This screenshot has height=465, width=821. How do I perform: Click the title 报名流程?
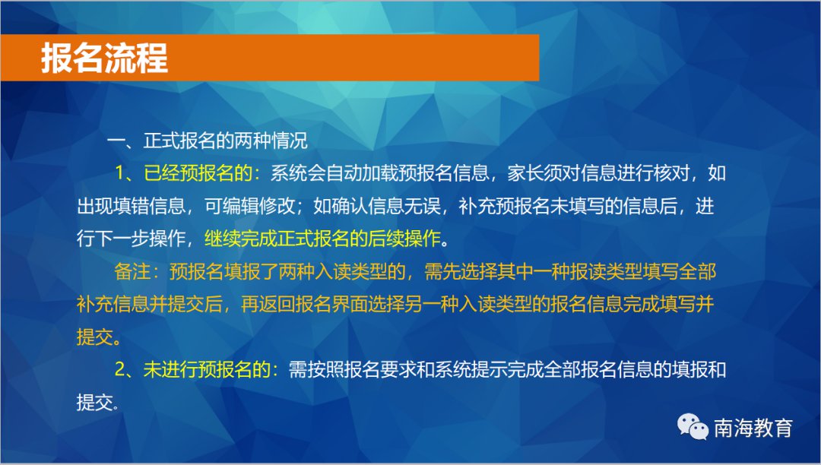coord(105,58)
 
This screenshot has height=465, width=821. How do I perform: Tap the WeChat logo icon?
coord(693,427)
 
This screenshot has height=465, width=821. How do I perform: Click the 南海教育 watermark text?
coord(753,428)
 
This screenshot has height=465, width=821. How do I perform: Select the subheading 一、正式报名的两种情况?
coord(208,141)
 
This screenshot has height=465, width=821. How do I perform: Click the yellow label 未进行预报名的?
coord(207,370)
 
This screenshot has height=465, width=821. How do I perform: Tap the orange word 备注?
coord(132,271)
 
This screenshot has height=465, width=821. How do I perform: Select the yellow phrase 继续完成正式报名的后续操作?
coord(322,239)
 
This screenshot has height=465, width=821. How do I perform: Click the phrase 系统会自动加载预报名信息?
coord(379,173)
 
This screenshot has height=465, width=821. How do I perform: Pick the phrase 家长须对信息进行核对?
coord(598,173)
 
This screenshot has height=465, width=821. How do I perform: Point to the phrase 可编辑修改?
coord(250,206)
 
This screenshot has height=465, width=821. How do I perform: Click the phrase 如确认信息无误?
coord(377,206)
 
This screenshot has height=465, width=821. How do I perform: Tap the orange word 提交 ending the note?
coord(95,337)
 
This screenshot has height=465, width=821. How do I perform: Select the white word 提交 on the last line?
coord(95,402)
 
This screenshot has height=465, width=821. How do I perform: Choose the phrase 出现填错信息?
coord(132,206)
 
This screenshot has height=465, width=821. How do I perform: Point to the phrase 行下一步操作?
coord(132,239)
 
